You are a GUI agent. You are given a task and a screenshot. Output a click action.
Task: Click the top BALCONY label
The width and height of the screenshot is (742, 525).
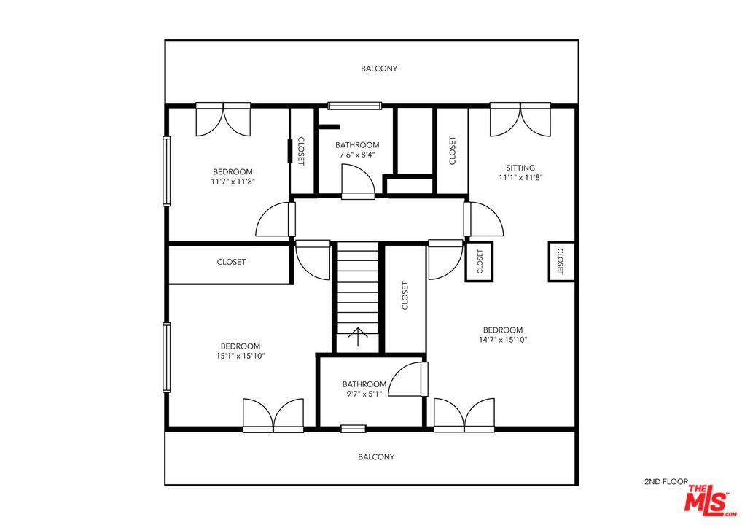point(379,69)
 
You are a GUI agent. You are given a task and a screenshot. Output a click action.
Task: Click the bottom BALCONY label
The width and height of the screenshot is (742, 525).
point(376,457)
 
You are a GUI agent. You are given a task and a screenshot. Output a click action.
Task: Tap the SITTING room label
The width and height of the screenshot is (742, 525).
point(520,168)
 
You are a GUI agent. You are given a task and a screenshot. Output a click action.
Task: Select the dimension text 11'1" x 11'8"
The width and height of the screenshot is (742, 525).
point(520,177)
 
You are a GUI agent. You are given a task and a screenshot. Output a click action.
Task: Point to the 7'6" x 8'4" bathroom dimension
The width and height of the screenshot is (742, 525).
point(357,155)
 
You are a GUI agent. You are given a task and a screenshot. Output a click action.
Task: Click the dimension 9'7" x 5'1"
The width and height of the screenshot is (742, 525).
point(364,394)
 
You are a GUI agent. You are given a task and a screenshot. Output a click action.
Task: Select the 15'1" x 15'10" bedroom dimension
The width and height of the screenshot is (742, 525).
point(241,356)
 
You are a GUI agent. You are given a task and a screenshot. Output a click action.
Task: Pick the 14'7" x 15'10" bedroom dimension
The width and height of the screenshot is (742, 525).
point(503,340)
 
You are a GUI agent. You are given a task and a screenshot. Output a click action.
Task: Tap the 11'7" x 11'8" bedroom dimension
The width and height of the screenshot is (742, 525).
point(233,182)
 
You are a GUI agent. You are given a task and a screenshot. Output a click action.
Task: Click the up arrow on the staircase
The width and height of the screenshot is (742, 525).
point(358,338)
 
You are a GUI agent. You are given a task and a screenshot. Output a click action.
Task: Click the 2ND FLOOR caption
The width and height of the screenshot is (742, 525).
point(665,482)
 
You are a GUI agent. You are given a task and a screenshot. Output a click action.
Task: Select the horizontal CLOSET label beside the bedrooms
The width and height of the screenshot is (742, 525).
point(231,262)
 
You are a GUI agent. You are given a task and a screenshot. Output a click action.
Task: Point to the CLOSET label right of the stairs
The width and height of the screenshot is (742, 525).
point(405,296)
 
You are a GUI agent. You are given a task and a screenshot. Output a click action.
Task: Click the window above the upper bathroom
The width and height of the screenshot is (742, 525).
point(355,106)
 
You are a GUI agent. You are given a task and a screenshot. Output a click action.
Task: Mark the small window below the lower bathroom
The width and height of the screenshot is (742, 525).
point(353,429)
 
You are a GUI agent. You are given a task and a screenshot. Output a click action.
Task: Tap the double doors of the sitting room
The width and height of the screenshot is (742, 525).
point(520,120)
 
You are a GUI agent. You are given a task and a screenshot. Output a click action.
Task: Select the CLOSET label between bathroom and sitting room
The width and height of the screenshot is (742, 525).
point(453,150)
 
